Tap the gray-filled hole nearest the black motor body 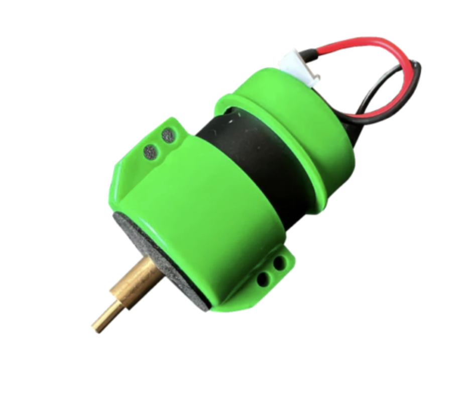point(168,135)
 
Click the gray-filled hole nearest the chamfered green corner point(150,151)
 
